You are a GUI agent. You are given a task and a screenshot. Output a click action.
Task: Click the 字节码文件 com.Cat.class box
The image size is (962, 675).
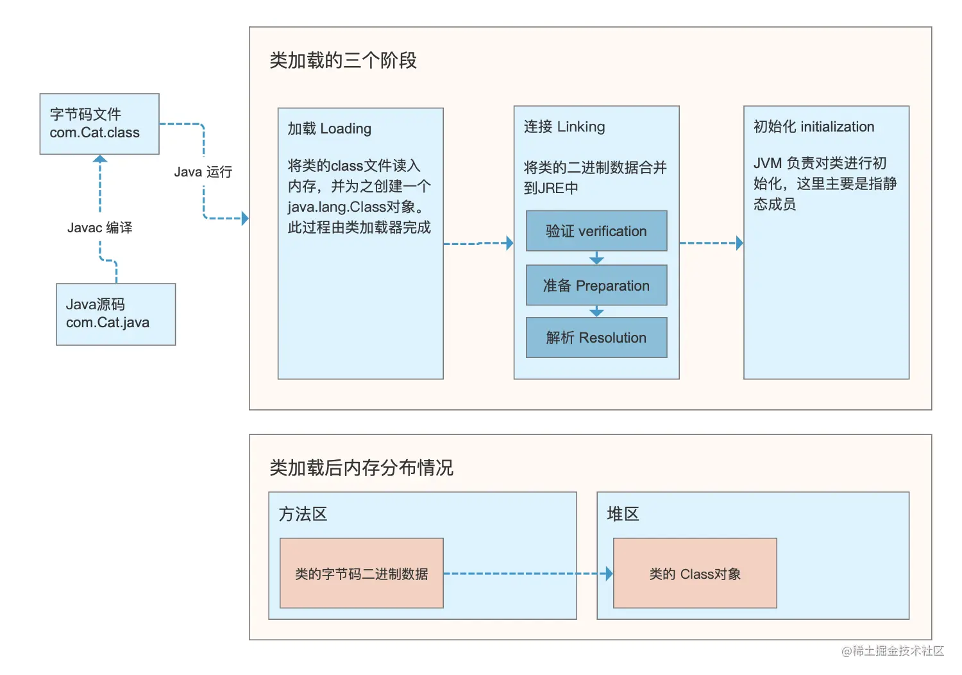pyautogui.click(x=99, y=124)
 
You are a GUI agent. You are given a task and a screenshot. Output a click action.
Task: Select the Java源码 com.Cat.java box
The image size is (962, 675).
pyautogui.click(x=115, y=314)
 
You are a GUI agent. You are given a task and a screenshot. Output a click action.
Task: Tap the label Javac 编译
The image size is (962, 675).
pyautogui.click(x=100, y=228)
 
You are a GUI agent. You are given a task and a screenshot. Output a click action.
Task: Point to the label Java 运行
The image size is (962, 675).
pyautogui.click(x=203, y=172)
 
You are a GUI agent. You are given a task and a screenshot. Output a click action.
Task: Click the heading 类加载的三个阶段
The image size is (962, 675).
pyautogui.click(x=343, y=60)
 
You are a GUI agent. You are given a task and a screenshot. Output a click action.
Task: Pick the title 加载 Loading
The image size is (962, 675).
pyautogui.click(x=329, y=128)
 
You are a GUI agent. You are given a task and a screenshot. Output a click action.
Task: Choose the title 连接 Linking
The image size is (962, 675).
pyautogui.click(x=564, y=126)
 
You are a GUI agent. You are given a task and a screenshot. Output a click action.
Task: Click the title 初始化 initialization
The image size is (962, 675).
pyautogui.click(x=813, y=126)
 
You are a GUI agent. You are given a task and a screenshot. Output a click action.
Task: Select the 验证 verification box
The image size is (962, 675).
pyautogui.click(x=596, y=231)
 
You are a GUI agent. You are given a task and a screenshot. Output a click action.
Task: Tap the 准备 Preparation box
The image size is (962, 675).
pyautogui.click(x=596, y=286)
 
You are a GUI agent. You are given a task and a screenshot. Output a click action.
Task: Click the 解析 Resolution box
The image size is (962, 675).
pyautogui.click(x=596, y=337)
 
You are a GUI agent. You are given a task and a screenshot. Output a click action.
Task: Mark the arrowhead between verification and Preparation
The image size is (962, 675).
pyautogui.click(x=596, y=259)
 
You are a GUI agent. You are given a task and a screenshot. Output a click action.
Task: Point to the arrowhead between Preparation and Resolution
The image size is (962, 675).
pyautogui.click(x=596, y=312)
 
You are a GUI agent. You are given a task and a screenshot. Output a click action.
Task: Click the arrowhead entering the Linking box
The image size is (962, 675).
pyautogui.click(x=509, y=243)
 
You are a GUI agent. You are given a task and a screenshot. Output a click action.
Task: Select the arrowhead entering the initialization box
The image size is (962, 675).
pyautogui.click(x=739, y=243)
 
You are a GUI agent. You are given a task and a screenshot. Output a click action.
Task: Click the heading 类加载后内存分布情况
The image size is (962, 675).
pyautogui.click(x=361, y=468)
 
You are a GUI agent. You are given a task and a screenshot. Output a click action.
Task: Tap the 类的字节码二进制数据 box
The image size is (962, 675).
pyautogui.click(x=361, y=574)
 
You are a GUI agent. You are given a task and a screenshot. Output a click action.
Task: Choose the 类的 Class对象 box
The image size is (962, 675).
pyautogui.click(x=695, y=574)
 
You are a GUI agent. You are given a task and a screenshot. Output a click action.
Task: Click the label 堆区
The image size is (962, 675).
pyautogui.click(x=623, y=514)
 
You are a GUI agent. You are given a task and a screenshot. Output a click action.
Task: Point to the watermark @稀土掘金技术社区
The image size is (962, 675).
pyautogui.click(x=892, y=651)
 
